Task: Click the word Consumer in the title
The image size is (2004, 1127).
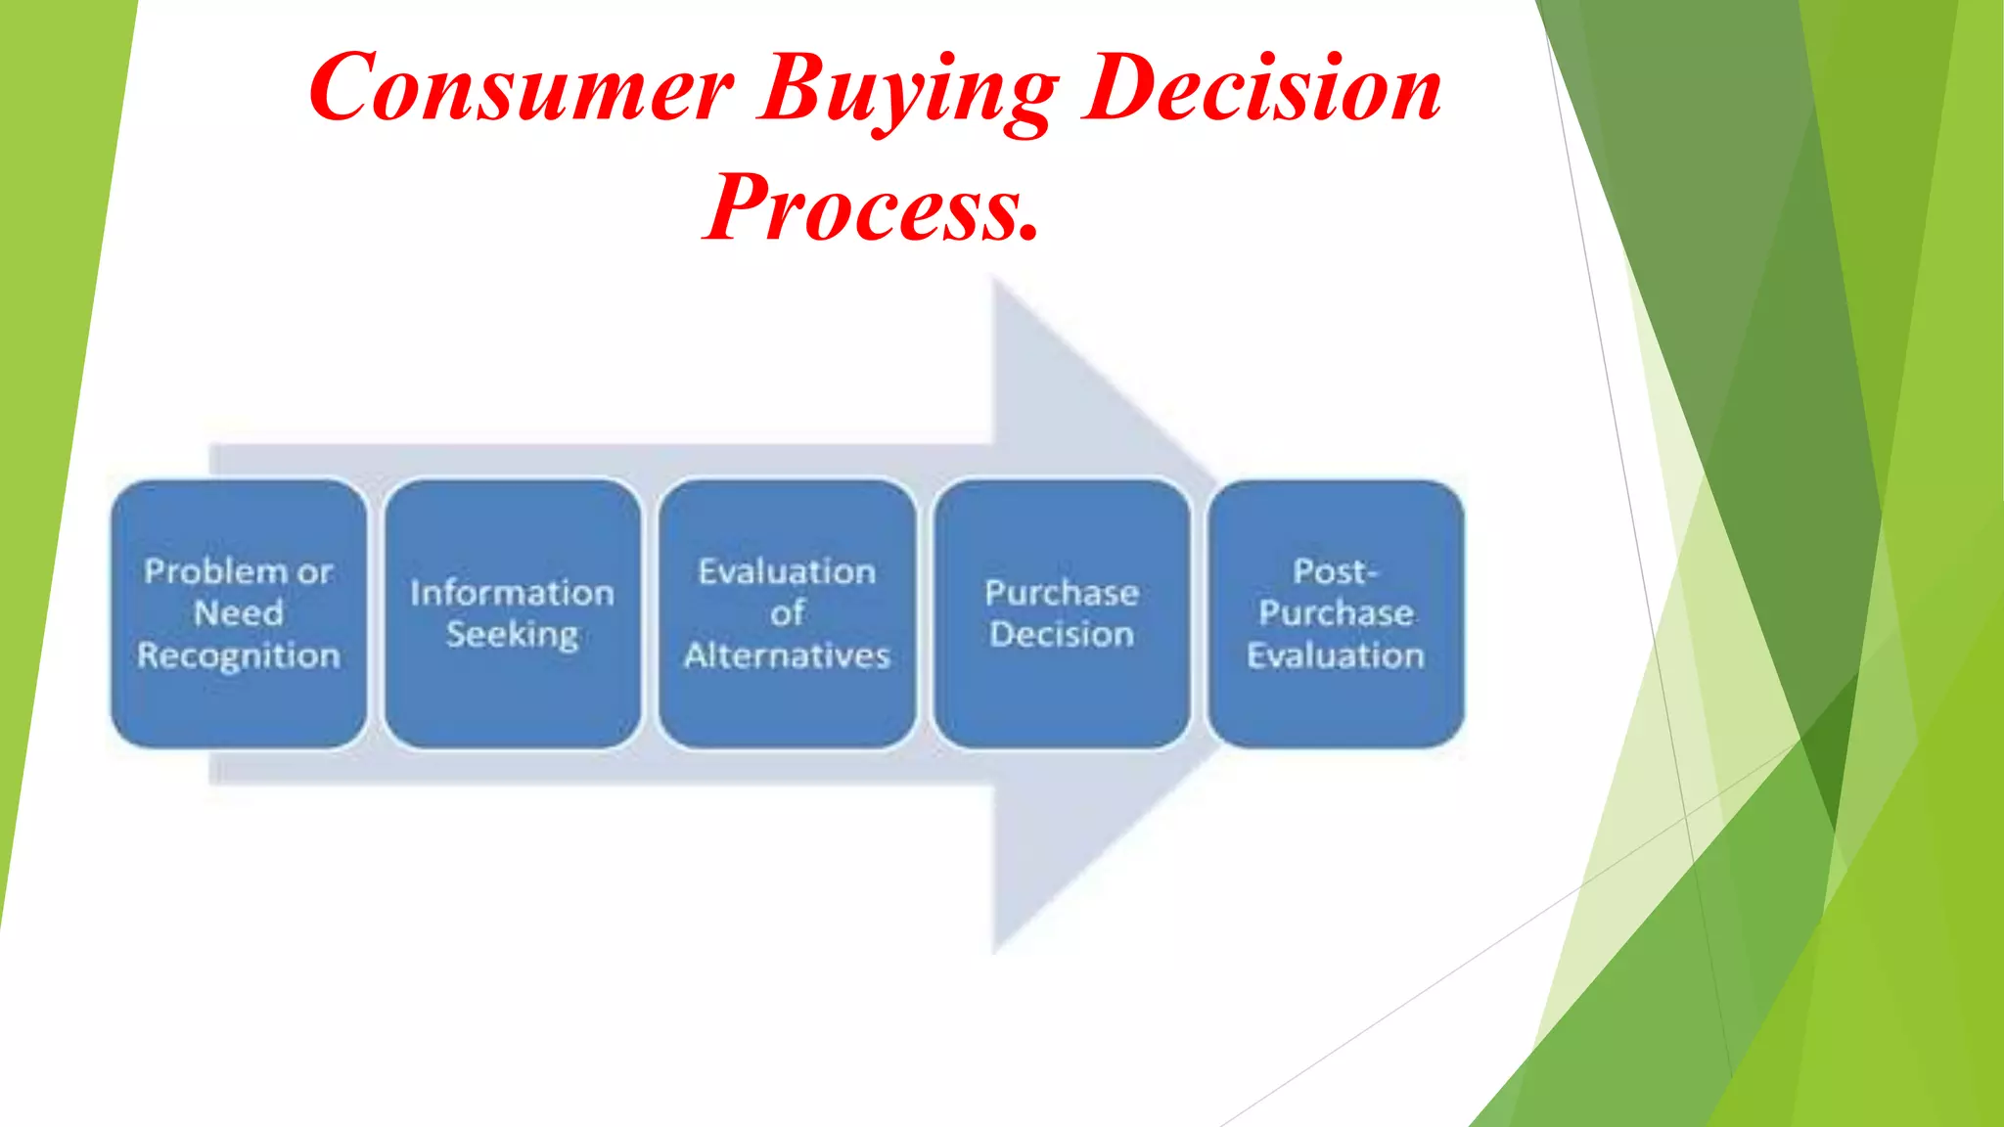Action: (x=521, y=88)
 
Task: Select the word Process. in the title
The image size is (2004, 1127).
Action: (x=871, y=207)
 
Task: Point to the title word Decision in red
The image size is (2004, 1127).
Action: (x=1262, y=88)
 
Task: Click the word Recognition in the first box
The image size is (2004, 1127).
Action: (x=239, y=655)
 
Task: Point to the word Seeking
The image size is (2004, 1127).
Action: (x=513, y=635)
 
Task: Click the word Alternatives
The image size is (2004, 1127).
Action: (x=788, y=654)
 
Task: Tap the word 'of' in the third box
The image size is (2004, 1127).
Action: (x=788, y=613)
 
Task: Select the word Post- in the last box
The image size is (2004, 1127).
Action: (x=1336, y=571)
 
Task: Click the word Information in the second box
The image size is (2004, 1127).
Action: (x=513, y=593)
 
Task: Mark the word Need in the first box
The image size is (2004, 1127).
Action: (x=239, y=613)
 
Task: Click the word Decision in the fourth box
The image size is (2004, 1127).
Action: (x=1062, y=635)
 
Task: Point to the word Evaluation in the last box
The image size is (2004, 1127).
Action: (x=1336, y=654)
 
